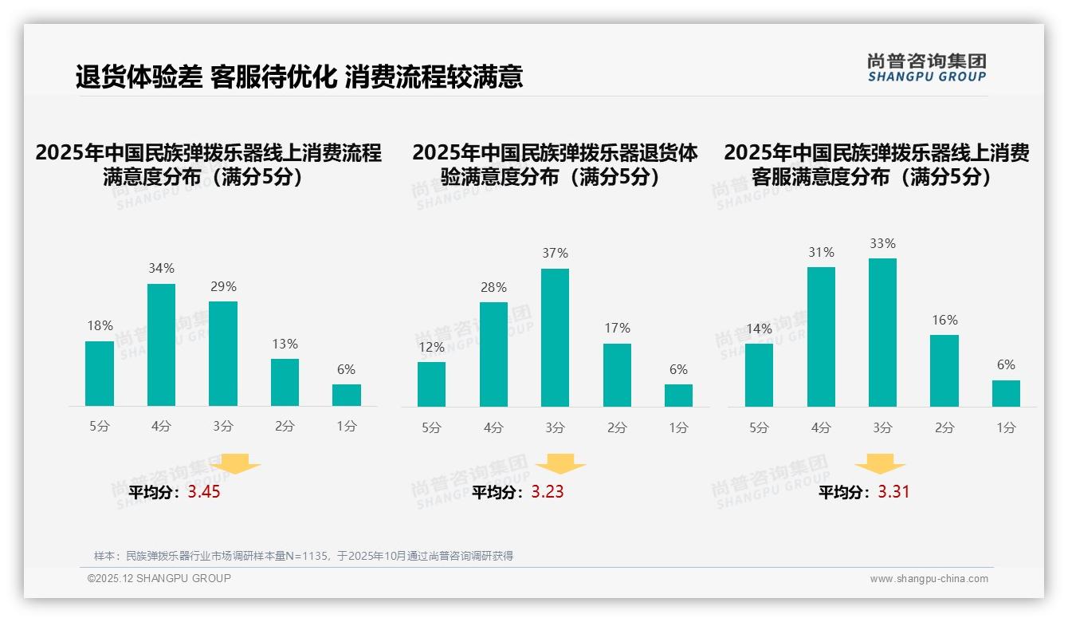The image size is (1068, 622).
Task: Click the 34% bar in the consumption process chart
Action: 161,344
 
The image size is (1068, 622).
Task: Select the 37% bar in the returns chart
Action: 555,337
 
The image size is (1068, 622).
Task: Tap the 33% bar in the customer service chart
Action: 882,332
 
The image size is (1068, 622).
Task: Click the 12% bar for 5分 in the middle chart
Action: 431,384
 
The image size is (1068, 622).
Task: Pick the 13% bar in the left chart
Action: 285,382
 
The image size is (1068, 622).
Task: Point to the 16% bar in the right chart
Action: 944,370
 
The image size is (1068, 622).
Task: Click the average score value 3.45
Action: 204,492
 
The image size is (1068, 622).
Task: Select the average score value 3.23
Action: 548,492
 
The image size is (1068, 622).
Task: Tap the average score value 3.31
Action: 893,492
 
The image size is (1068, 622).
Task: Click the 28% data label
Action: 493,288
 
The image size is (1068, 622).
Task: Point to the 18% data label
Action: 100,326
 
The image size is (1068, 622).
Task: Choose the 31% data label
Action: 821,253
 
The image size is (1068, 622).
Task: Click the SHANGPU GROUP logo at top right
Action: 926,68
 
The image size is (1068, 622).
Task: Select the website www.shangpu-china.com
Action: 929,579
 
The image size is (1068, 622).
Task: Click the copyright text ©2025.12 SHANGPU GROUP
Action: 159,578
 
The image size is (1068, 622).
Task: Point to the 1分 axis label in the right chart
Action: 1006,428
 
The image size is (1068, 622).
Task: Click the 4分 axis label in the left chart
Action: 161,427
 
